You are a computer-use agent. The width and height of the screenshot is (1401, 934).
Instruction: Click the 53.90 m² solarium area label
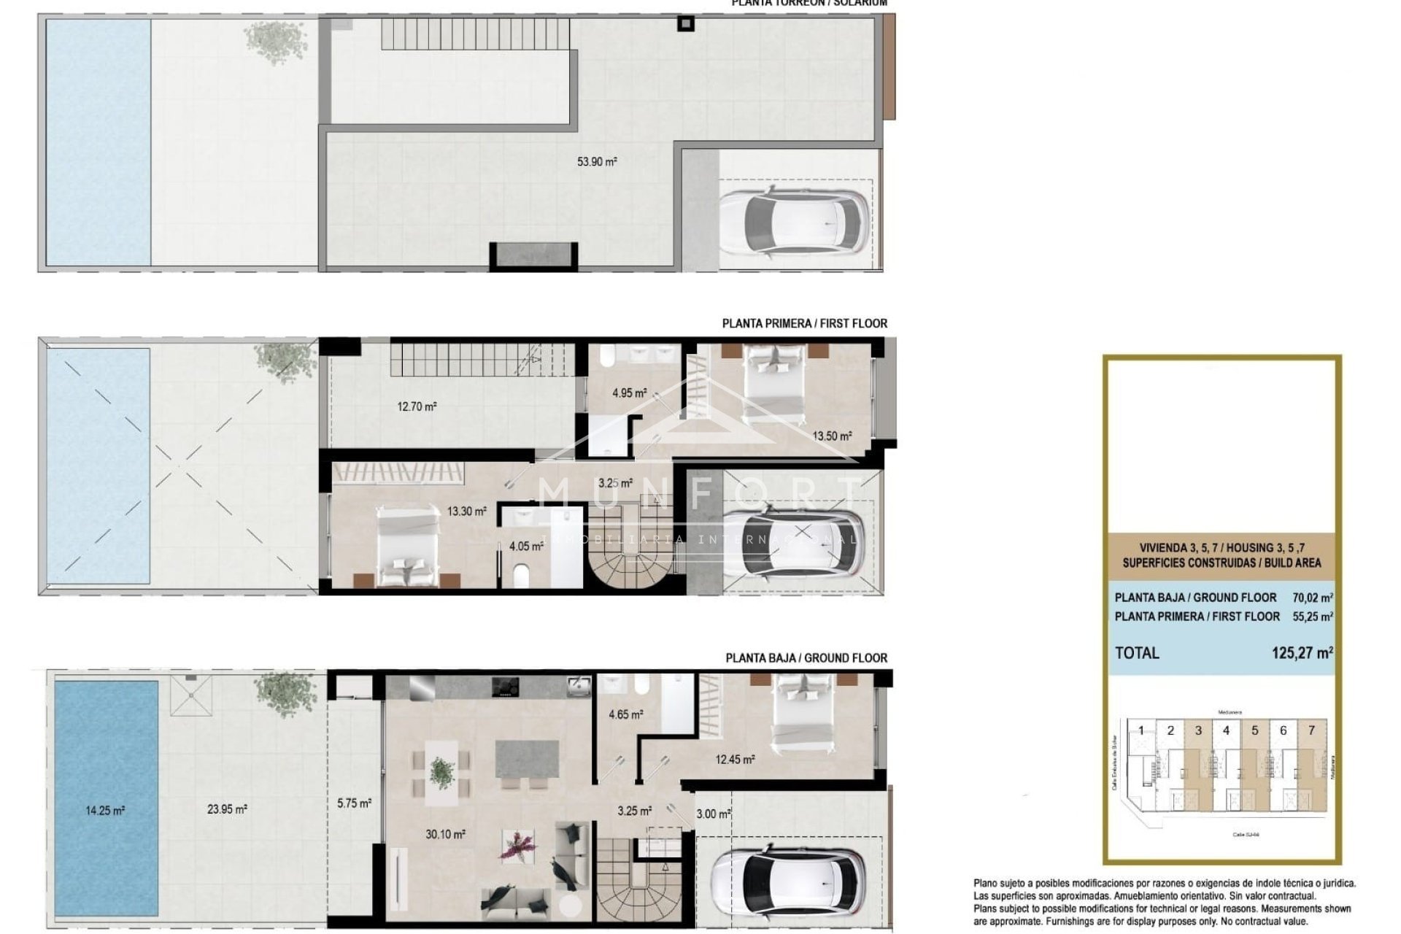[596, 162]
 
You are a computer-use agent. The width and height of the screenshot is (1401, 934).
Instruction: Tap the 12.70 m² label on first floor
[417, 406]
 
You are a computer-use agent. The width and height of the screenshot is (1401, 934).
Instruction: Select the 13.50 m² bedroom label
[832, 436]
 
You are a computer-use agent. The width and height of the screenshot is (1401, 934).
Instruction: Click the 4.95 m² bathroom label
[629, 393]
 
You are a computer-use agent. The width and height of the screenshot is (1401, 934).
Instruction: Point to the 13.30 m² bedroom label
[466, 512]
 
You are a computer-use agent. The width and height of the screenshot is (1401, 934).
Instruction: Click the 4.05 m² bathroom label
[526, 546]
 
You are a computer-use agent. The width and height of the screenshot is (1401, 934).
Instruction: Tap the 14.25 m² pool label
[104, 810]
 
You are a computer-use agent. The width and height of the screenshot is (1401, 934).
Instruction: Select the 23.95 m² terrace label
[226, 808]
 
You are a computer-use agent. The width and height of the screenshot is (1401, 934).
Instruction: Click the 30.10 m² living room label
[445, 834]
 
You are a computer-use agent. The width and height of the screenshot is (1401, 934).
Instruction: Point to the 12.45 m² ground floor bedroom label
[735, 760]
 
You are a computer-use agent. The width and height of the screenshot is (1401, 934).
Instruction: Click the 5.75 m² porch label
[354, 803]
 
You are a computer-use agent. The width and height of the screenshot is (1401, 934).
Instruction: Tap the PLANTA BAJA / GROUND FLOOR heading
[806, 658]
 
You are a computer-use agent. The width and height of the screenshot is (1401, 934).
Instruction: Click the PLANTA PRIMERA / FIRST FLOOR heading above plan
[804, 323]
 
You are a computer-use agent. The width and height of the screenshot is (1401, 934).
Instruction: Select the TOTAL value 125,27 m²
[1302, 653]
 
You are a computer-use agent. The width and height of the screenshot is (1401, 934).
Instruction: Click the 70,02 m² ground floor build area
[1312, 598]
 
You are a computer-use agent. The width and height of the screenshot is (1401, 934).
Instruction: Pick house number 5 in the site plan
[1254, 730]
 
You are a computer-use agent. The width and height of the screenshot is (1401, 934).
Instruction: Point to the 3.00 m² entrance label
[712, 814]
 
